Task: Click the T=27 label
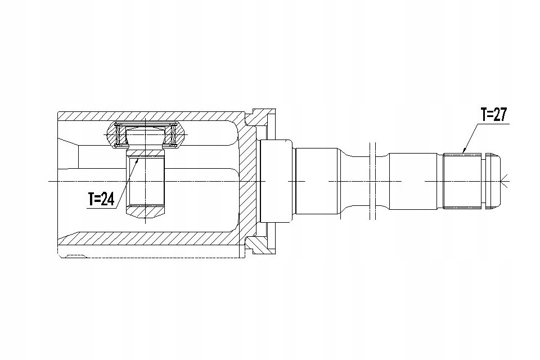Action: coord(494,114)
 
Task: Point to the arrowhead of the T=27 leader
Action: coord(464,151)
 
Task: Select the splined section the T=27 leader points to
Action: coord(462,181)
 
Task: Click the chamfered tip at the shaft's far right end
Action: coord(495,181)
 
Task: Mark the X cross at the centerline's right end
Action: coord(506,181)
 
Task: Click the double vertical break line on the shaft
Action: coord(372,181)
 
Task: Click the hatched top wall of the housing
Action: coord(151,116)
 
